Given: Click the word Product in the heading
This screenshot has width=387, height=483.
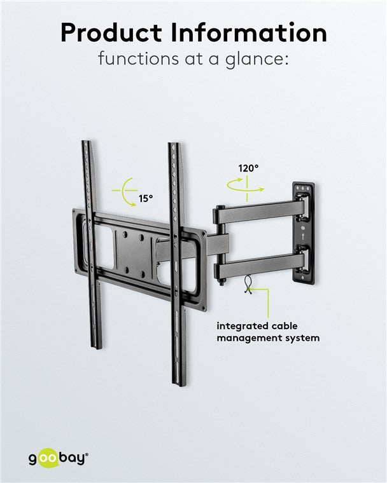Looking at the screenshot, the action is point(111,33).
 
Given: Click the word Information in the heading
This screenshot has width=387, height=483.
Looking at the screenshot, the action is point(248,32).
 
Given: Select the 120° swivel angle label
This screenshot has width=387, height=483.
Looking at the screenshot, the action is point(248,168).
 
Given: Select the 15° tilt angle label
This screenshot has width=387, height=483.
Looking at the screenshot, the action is point(146,199).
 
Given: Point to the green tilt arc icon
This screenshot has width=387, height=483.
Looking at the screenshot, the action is point(125,191).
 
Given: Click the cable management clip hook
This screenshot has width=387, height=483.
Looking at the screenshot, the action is point(248,285).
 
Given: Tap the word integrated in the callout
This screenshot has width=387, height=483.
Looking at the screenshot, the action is point(239,327).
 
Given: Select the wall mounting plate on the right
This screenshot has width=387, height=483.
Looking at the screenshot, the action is point(304,233).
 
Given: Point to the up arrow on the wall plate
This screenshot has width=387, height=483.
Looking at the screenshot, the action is point(304,237).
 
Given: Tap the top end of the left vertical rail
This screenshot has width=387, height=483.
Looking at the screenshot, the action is point(86,142).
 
